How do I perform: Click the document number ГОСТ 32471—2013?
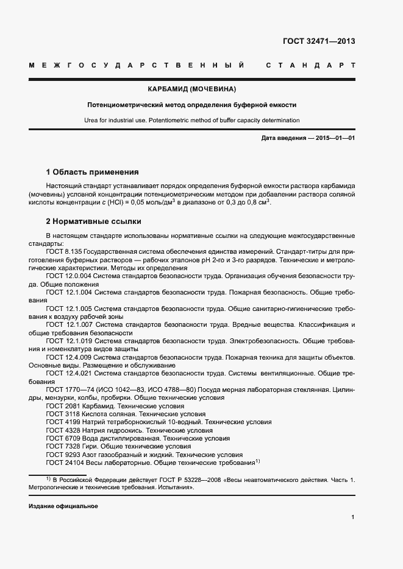click(x=319, y=41)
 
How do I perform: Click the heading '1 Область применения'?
click(x=92, y=172)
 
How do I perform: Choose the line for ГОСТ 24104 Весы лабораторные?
click(x=152, y=463)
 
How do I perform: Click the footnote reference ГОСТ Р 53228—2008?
click(x=190, y=480)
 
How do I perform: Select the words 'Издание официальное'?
click(x=63, y=506)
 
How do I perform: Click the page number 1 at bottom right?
click(x=353, y=517)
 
